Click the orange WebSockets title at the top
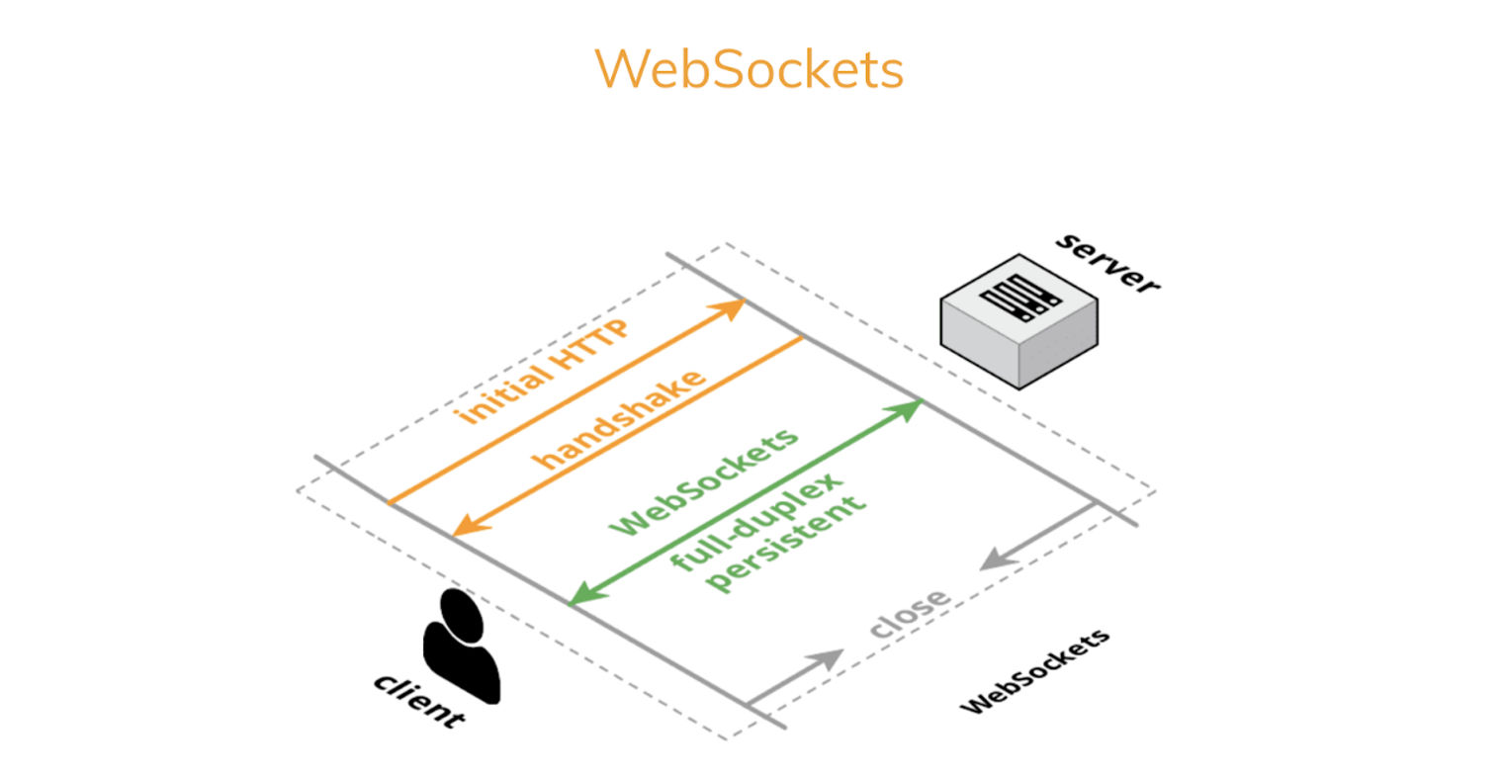749,70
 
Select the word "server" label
1106,262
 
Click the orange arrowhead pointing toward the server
733,307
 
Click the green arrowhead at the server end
910,407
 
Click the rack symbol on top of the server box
1017,296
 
